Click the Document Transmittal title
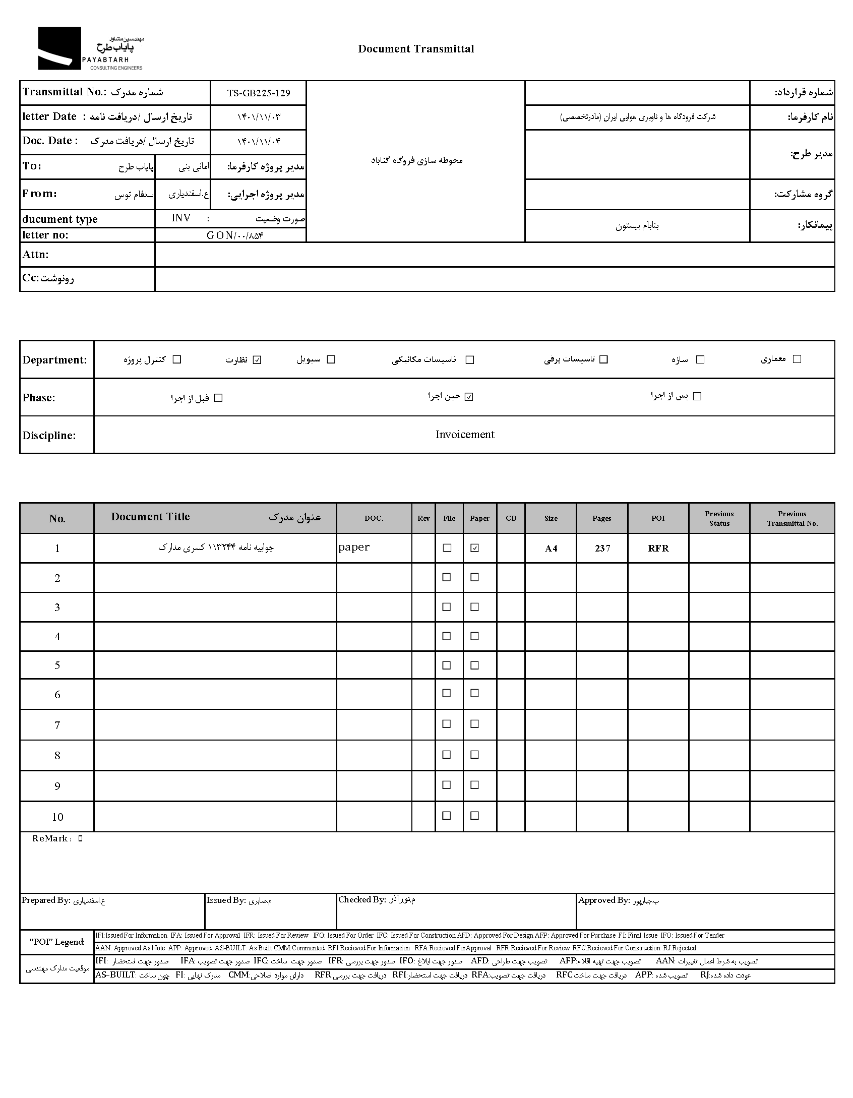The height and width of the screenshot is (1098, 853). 416,49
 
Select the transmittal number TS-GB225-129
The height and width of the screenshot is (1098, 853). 258,93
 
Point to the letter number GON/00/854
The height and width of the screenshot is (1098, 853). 235,235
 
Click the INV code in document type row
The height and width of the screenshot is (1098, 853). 181,218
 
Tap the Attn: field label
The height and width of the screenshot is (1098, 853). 36,255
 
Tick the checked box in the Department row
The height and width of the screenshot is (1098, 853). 257,360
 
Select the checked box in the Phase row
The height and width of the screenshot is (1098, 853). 469,397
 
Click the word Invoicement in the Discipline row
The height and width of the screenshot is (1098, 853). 465,435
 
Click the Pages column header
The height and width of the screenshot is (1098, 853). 602,518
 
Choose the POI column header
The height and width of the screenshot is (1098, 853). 658,518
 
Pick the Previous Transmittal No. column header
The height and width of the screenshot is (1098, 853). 792,518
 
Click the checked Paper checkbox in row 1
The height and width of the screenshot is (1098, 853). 474,548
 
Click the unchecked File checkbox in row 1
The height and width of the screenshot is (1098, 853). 447,548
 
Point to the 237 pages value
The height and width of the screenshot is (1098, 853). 602,548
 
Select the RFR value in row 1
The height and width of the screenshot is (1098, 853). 658,548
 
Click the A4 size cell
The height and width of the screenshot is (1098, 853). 551,548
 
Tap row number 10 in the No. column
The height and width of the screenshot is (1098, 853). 57,817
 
